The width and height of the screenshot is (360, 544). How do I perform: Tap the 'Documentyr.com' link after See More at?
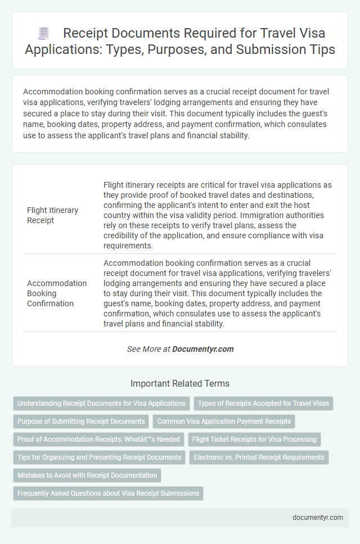pos(202,349)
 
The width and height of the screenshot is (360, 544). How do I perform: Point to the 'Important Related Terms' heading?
pos(180,384)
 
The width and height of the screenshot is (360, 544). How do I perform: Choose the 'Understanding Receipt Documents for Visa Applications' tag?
pos(101,403)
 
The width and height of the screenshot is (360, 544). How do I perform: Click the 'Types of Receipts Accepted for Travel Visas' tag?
pos(263,403)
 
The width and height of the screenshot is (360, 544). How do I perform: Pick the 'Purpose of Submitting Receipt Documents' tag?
pos(80,421)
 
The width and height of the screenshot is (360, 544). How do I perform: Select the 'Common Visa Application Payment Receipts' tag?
pos(223,421)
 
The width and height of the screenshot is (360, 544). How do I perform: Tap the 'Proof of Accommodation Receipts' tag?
pos(98,439)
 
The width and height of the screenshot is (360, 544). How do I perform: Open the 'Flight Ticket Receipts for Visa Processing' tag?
pos(254,439)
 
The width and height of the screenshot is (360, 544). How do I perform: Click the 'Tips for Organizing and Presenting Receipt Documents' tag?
pos(99,457)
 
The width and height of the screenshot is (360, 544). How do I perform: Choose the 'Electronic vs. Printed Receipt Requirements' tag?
pos(259,457)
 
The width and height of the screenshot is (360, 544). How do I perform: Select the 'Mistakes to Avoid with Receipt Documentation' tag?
pos(87,475)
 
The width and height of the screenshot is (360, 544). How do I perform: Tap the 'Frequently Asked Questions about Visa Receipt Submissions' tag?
pos(108,493)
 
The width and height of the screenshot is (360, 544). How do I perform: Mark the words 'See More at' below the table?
pos(148,349)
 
